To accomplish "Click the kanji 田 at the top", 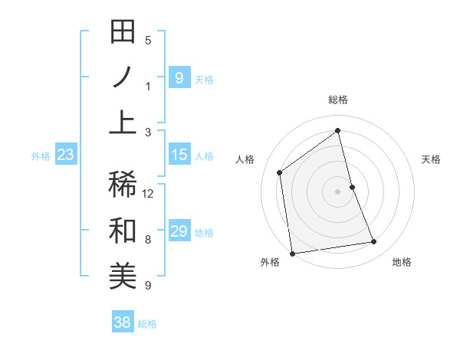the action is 123,34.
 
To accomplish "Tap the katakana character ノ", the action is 123,78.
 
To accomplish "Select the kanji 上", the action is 123,122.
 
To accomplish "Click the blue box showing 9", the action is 179,77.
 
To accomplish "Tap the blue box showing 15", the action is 179,155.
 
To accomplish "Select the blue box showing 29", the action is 179,231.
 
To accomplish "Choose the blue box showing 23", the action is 65,155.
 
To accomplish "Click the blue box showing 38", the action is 122,322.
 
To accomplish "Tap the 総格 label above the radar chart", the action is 338,100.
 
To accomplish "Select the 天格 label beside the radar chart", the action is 432,159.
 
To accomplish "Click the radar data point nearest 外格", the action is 292,254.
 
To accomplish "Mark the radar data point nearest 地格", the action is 374,242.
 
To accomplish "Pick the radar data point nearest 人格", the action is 280,172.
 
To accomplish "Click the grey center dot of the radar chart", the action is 338,191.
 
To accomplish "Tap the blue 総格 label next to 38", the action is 147,324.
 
